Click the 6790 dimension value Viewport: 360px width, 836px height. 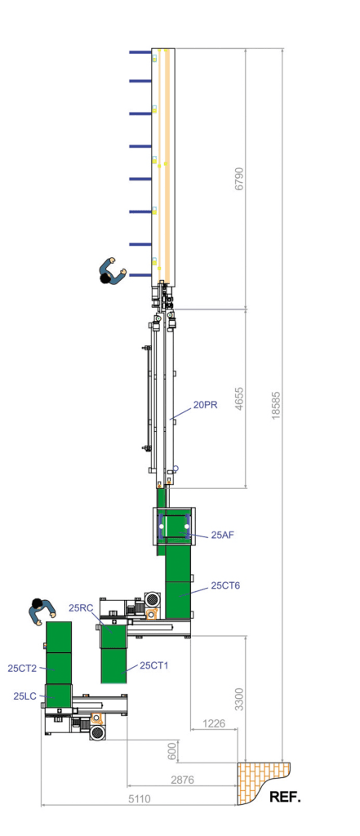tap(238, 180)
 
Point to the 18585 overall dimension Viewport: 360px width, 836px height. tap(275, 407)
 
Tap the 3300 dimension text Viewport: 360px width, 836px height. tap(239, 699)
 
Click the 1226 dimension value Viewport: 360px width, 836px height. tap(214, 724)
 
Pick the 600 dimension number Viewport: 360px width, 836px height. tap(171, 752)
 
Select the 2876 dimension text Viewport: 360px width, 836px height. tap(182, 780)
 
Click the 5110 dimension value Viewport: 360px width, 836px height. tap(140, 798)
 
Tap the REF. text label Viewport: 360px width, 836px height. tap(286, 798)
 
